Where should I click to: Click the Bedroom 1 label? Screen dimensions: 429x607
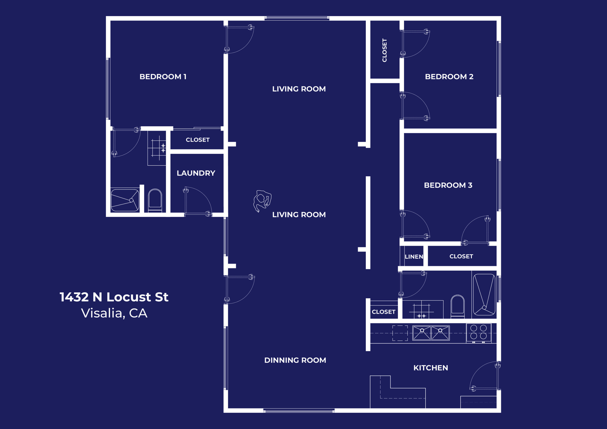163,77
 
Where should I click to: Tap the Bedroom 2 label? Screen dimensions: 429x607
449,77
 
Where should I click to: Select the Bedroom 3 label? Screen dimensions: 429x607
448,185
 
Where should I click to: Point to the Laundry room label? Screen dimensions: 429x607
196,173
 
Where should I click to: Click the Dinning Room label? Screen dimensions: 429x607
295,360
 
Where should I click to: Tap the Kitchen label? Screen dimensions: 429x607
430,368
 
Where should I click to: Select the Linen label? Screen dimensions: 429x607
414,257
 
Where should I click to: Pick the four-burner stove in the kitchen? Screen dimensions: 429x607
479,333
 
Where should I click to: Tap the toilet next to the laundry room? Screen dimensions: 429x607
155,200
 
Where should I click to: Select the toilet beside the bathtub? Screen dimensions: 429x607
457,306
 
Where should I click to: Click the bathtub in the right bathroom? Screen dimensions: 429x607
484,294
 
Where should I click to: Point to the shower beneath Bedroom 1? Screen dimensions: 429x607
125,200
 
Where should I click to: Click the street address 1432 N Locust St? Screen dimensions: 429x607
114,297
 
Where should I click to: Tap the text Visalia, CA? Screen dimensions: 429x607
114,313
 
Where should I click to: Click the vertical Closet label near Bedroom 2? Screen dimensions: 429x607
384,50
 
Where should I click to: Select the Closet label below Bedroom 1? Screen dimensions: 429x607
197,140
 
